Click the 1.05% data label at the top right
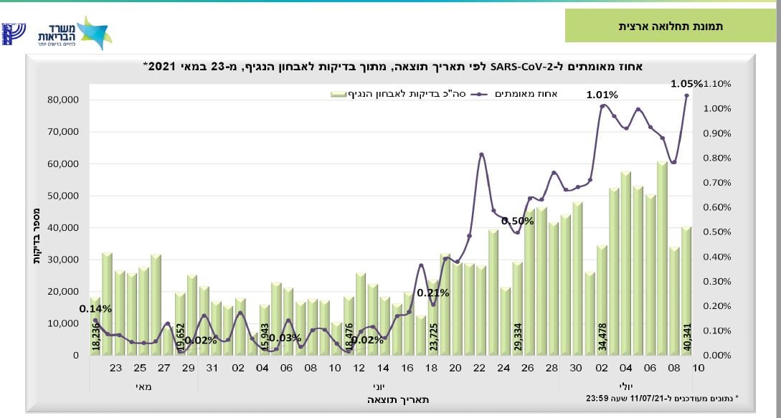tap(686, 83)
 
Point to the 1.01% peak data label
tap(602, 94)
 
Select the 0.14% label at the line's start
tap(95, 309)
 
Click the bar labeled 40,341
tap(686, 291)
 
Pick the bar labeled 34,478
tap(602, 300)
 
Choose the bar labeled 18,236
tap(95, 326)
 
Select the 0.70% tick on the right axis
tap(718, 183)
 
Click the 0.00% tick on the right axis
tap(718, 356)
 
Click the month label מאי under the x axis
tap(143, 386)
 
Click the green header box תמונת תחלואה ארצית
tap(671, 26)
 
